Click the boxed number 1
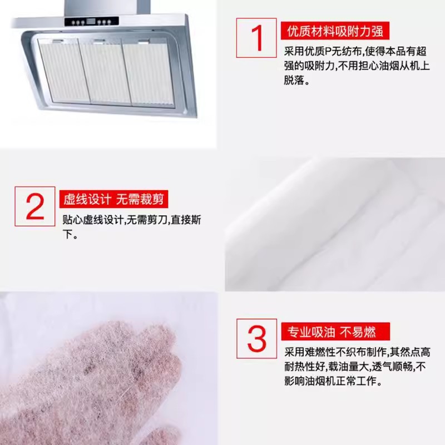point(256,38)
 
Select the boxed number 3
point(256,338)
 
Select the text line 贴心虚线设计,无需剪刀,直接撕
point(132,220)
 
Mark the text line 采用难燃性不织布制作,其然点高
point(357,352)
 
